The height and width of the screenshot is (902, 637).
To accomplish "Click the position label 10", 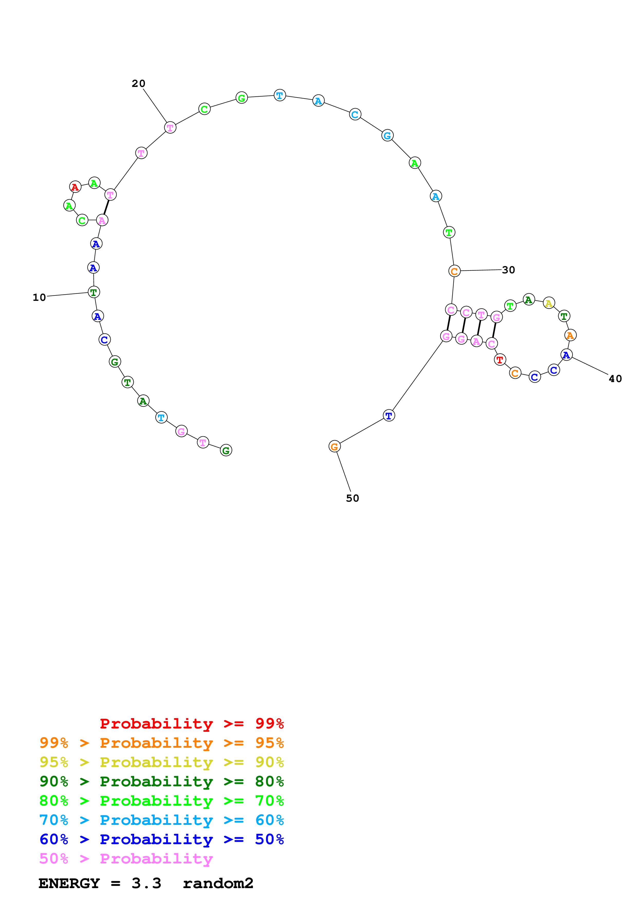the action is tap(39, 297).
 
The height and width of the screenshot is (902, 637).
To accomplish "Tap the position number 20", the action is tap(139, 84).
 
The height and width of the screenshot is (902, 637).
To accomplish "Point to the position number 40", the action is tap(615, 379).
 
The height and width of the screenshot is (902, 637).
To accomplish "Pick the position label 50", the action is tap(353, 498).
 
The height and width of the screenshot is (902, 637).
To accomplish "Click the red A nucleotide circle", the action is tap(75, 187).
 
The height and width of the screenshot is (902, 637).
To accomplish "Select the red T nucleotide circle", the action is tap(500, 359).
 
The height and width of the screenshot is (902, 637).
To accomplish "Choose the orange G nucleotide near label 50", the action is tap(334, 446).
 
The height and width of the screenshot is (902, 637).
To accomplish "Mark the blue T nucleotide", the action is tap(389, 415).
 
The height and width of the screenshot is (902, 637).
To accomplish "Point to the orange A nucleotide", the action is tap(570, 335).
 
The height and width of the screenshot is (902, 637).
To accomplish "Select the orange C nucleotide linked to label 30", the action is tap(454, 271).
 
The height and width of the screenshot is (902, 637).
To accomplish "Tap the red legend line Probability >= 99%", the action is tap(191, 723).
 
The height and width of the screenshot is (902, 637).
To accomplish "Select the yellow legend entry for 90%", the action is tap(162, 762).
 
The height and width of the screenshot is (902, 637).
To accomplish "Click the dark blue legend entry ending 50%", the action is tap(162, 839).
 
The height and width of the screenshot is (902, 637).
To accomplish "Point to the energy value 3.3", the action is tap(146, 883).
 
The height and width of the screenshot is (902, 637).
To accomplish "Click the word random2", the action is tap(218, 883).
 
